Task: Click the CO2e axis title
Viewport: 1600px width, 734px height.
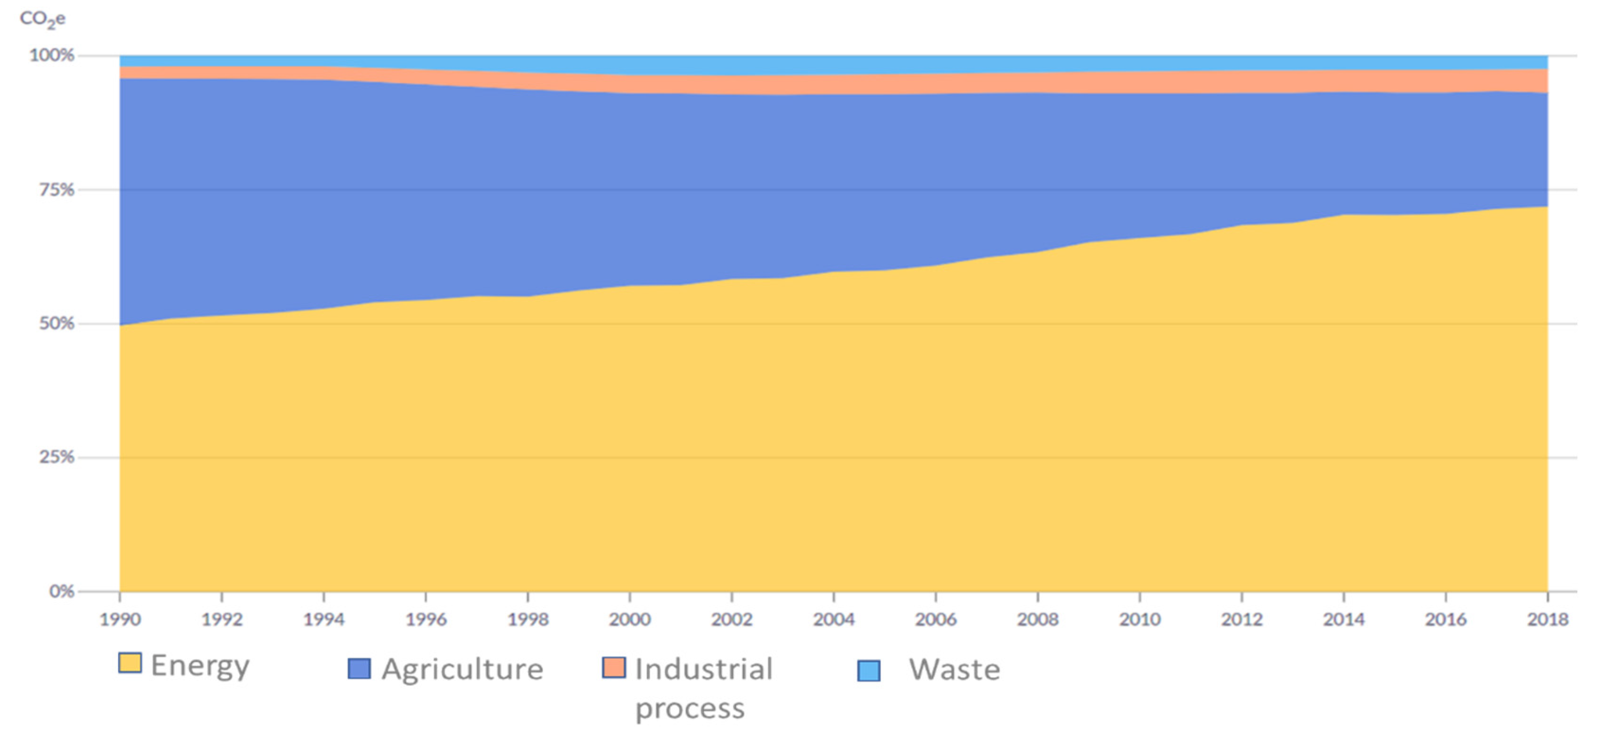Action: [42, 19]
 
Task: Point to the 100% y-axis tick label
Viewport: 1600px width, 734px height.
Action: [52, 55]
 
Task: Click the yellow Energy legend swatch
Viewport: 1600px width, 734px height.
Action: [130, 663]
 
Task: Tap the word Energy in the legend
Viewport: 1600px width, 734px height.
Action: [200, 666]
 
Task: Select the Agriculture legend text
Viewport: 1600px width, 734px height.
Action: [463, 670]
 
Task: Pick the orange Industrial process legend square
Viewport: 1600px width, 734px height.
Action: [613, 668]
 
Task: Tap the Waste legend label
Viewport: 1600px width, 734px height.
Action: [954, 670]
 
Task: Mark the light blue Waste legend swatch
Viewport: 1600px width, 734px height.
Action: [868, 671]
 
